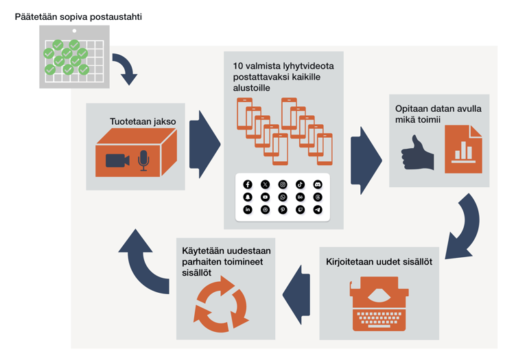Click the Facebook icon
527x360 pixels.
[248, 184]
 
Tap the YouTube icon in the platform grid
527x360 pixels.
[265, 197]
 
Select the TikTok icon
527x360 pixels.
[300, 184]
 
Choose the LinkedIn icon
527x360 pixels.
[248, 210]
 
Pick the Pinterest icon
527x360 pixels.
[283, 210]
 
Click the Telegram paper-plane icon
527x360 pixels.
[317, 210]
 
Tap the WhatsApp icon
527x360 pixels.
[283, 197]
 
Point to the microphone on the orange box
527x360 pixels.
[143, 160]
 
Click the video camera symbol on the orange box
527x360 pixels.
[117, 160]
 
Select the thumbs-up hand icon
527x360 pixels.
[418, 153]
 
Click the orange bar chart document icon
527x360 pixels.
[463, 149]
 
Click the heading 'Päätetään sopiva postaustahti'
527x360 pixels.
[78, 16]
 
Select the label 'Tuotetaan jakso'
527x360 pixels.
[143, 121]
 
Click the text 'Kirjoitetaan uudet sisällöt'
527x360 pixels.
[379, 262]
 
